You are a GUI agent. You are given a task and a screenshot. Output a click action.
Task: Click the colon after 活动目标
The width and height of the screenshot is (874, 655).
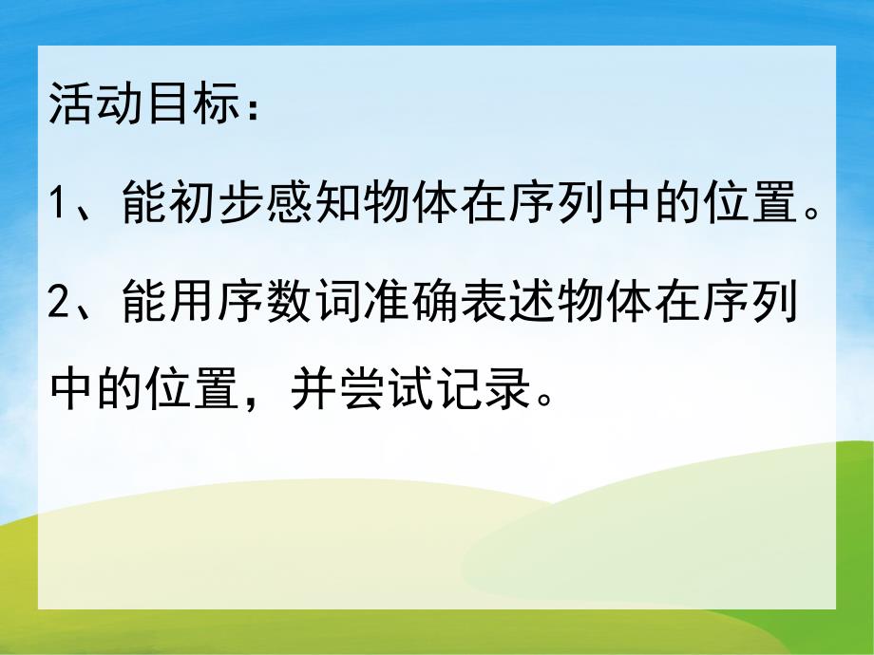pyautogui.click(x=249, y=106)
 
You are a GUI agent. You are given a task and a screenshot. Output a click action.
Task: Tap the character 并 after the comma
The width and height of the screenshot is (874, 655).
pyautogui.click(x=317, y=389)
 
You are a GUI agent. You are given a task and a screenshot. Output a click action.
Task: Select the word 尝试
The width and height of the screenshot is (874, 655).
pyautogui.click(x=388, y=389)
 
